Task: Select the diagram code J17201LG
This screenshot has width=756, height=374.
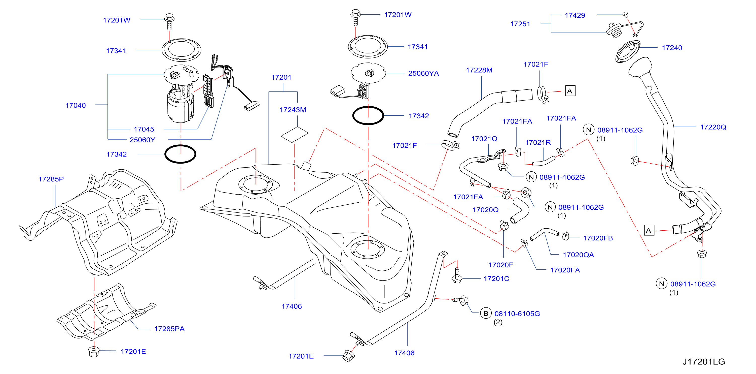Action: click(703, 361)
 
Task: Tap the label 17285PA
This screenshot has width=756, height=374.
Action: click(169, 329)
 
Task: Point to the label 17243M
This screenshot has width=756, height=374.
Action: click(293, 110)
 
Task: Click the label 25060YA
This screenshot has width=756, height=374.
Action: click(423, 73)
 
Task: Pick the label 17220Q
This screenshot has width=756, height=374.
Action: click(713, 127)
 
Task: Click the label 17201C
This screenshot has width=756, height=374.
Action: click(496, 278)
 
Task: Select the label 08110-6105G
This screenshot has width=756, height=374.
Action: click(517, 314)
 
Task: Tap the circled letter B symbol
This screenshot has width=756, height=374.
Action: click(486, 313)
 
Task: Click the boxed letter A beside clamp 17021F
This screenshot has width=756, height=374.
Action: click(570, 91)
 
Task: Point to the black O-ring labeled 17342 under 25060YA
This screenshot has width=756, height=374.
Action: click(368, 115)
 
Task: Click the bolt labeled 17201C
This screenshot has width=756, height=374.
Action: click(457, 275)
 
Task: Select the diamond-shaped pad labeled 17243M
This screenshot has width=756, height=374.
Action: click(294, 135)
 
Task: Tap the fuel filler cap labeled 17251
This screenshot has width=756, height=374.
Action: click(614, 30)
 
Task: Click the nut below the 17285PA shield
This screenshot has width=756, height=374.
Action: click(94, 352)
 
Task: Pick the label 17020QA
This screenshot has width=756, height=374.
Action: click(578, 255)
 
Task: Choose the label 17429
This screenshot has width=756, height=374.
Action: click(575, 15)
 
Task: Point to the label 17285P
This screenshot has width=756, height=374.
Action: click(51, 179)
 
